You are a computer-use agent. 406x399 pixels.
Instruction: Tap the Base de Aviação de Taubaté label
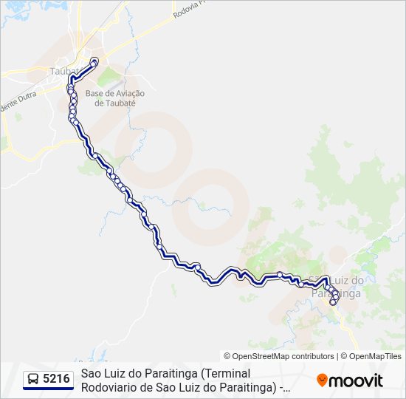pyautogui.click(x=114, y=98)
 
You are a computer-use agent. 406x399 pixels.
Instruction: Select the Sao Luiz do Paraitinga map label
pyautogui.click(x=338, y=287)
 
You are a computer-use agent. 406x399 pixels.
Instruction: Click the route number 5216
pyautogui.click(x=56, y=379)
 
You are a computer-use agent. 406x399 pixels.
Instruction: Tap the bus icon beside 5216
pyautogui.click(x=33, y=379)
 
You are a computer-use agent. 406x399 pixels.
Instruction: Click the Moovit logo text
pyautogui.click(x=356, y=381)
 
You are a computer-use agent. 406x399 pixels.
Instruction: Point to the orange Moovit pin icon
pyautogui.click(x=322, y=381)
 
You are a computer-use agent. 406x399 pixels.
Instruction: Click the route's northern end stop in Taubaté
pyautogui.click(x=94, y=61)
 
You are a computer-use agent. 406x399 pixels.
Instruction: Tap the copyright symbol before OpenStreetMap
pyautogui.click(x=227, y=356)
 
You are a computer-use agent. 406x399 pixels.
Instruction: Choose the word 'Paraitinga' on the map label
pyautogui.click(x=337, y=293)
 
